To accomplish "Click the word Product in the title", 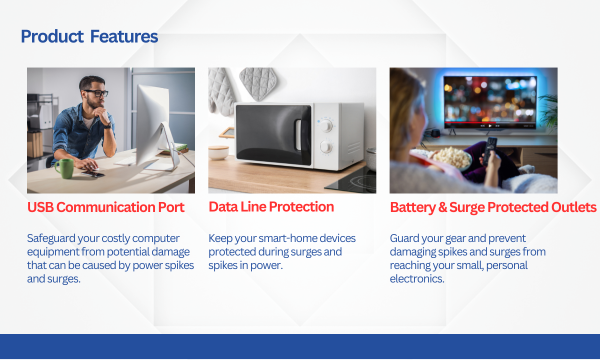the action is coord(52,36).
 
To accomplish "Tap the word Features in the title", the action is coord(124,36).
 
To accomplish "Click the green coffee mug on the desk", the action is coord(64,168).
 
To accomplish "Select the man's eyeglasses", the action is coord(96,93).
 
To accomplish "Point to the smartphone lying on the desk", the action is coord(92,174).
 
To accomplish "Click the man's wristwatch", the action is coord(107,125).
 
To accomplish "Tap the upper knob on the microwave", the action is coord(326,125).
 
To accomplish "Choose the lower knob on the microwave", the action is coord(326,146).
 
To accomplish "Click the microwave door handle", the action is coord(298,135).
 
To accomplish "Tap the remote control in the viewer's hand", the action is coord(490,149).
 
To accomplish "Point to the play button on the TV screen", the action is coord(490,125).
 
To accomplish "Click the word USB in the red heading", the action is coord(40,207).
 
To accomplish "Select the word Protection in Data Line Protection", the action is coord(301,207).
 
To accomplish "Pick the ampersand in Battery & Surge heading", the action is coord(442,207).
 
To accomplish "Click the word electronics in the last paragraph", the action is coord(417,279).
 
